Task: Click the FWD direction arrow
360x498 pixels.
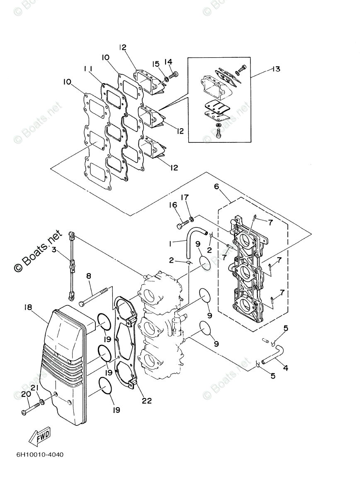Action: (x=39, y=435)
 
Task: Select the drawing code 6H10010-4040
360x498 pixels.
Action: (x=40, y=454)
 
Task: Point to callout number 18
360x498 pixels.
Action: (x=28, y=308)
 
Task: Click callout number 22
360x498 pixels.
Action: (x=146, y=401)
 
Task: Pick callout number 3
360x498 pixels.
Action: (x=54, y=249)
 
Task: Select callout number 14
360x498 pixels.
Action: (x=168, y=62)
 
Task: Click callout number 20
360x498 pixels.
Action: (x=24, y=393)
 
